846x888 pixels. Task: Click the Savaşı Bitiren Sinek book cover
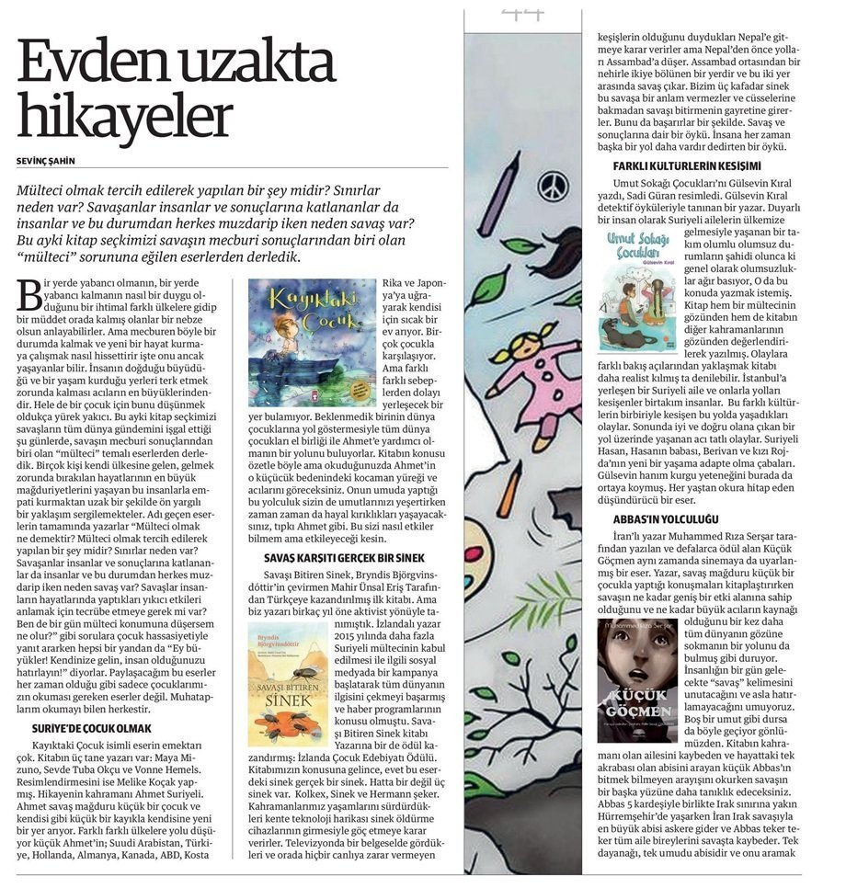point(288,670)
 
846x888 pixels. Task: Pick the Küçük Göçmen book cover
point(637,680)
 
